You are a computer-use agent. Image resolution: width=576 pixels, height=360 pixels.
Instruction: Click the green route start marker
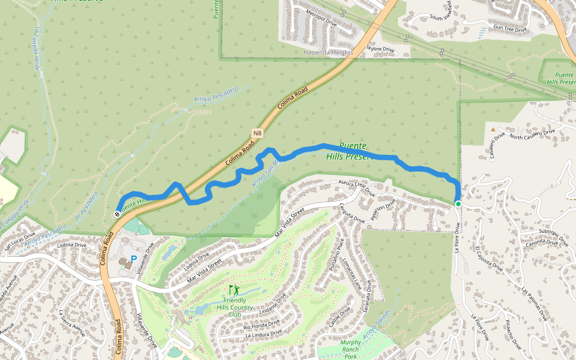tap(458, 204)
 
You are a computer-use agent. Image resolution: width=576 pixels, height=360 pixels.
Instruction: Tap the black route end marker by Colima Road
tap(116, 214)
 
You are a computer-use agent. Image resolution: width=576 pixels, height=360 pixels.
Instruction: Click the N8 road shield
tap(257, 133)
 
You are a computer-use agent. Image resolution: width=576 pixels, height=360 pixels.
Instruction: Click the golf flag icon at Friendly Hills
tap(233, 290)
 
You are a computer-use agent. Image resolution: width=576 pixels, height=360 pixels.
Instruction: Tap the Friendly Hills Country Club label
tap(235, 307)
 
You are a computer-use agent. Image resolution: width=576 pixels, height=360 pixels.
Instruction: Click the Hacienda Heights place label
tap(328, 53)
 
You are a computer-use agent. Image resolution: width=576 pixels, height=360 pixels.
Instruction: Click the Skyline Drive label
tap(380, 49)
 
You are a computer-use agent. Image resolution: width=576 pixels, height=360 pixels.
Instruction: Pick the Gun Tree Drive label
tap(509, 29)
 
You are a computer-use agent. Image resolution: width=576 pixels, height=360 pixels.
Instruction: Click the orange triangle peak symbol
tap(493, 129)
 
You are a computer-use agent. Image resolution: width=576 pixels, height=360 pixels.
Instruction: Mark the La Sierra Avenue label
tap(70, 325)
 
